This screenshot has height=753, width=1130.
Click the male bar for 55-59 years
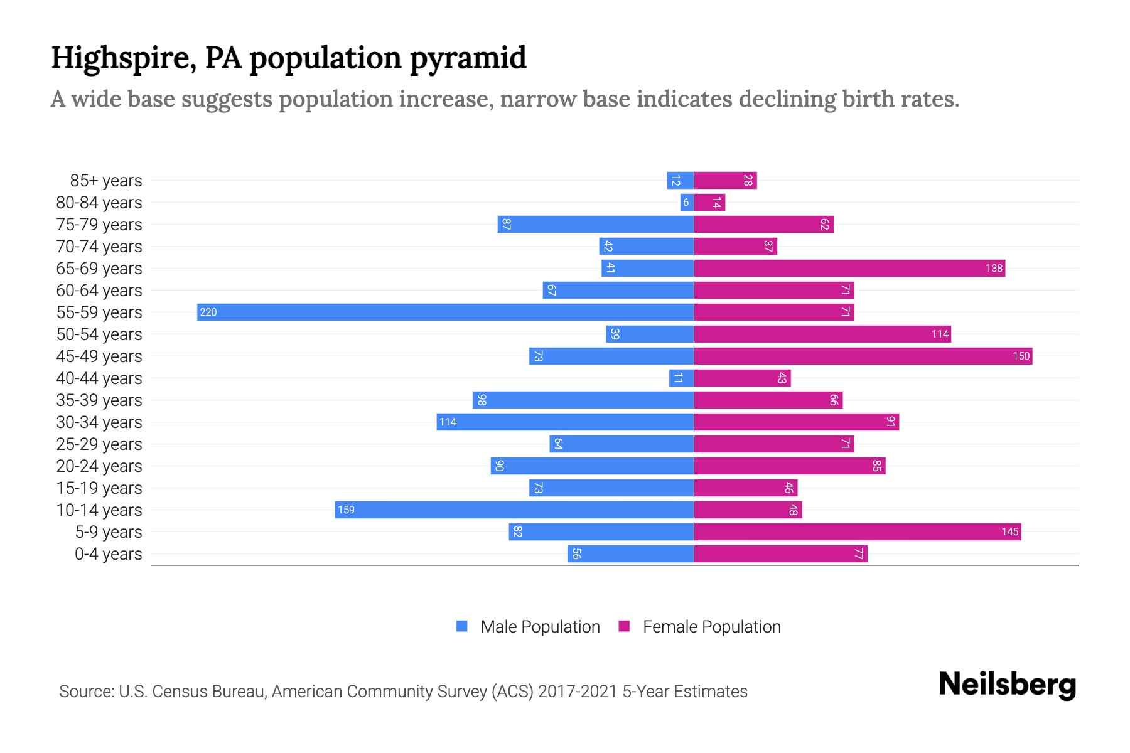point(445,312)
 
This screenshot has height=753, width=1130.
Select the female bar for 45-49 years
point(863,356)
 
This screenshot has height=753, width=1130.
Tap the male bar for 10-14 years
point(514,510)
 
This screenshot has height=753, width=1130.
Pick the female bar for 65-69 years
point(849,268)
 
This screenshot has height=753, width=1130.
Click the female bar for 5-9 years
point(857,531)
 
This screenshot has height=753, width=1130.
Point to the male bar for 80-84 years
point(687,202)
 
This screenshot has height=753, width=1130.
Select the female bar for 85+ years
point(725,180)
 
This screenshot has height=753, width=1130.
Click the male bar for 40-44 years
point(681,378)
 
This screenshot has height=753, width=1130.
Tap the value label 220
point(208,312)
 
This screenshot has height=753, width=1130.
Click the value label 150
point(1021,356)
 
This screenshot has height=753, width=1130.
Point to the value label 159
point(346,510)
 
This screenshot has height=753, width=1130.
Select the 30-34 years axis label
point(99,422)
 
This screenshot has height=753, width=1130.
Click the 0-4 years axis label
point(108,553)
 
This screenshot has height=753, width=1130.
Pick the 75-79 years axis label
point(99,224)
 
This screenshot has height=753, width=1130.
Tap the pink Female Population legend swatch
point(624,626)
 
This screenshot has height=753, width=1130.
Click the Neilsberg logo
point(1007,685)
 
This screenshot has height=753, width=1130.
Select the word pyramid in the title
point(468,58)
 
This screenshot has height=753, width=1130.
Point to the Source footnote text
point(403,691)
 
